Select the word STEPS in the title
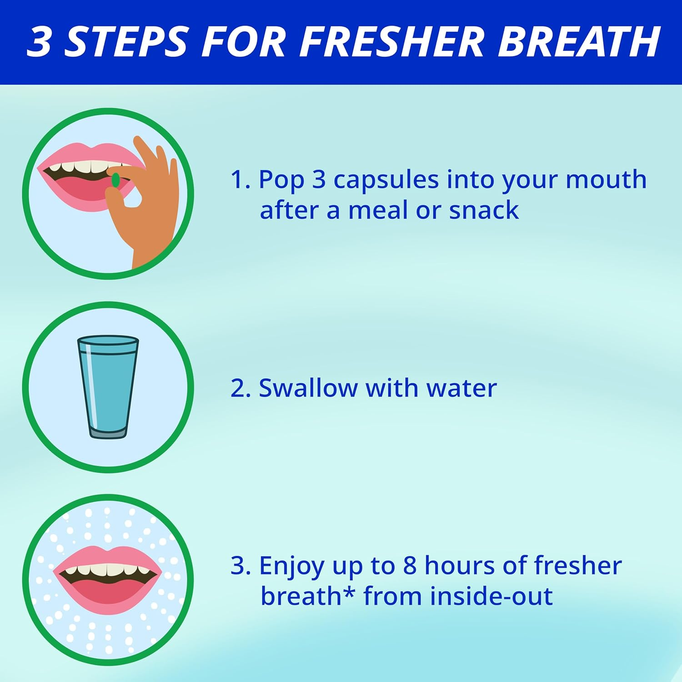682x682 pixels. tap(126, 42)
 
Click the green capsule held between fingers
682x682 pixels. tap(115, 180)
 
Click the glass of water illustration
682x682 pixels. tap(108, 386)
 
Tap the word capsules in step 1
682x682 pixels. tap(386, 180)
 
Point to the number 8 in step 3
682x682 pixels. tap(410, 566)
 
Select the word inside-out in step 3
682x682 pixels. tap(491, 596)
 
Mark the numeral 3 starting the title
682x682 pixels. tap(41, 42)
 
